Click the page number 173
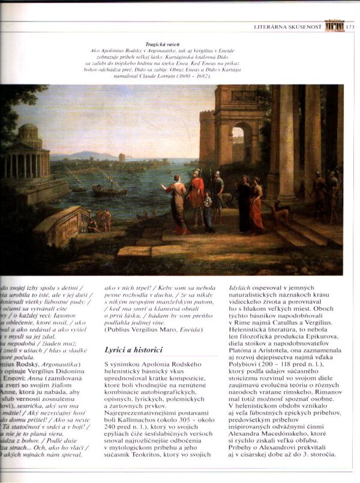351,26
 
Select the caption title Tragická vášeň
179,44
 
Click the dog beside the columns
280,211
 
